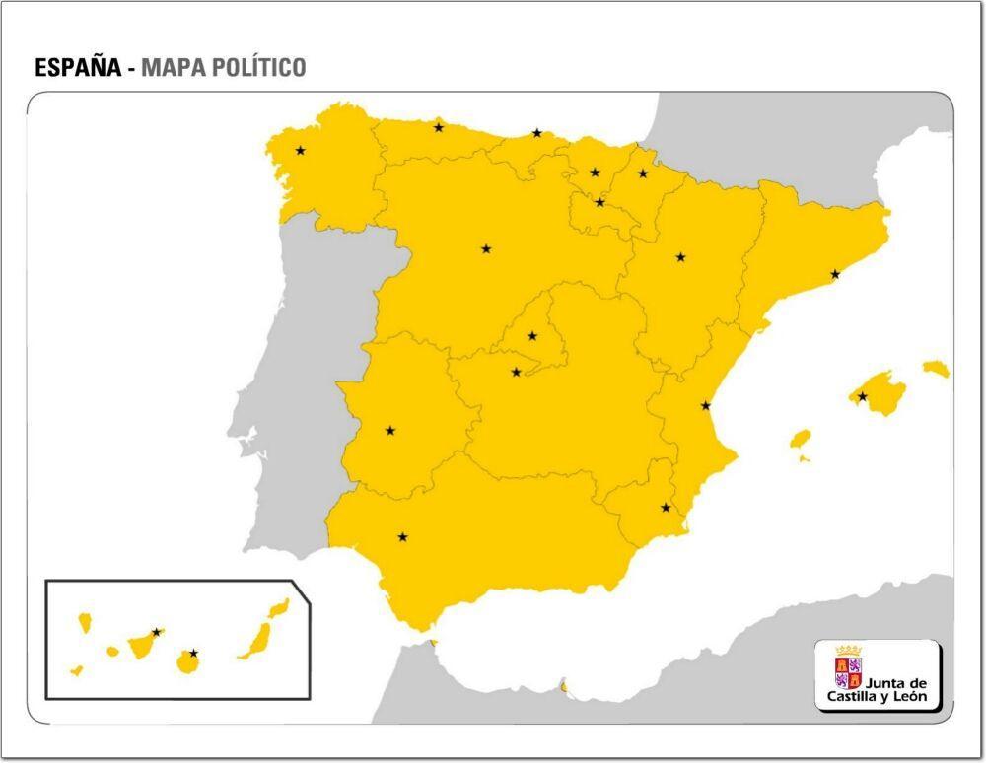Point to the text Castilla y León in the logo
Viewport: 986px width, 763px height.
coord(878,697)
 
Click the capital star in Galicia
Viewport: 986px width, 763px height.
coord(300,151)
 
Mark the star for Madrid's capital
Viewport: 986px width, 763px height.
coord(532,336)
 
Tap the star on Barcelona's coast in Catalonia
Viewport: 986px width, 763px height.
coord(835,274)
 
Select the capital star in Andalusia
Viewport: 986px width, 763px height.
coord(402,537)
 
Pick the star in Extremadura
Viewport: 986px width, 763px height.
coord(390,431)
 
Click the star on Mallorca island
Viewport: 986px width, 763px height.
coord(863,397)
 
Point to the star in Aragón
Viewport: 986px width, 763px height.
coord(680,257)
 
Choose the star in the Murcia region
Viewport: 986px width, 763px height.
coord(666,508)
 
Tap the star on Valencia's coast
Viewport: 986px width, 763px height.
coord(706,406)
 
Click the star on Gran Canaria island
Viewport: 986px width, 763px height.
coord(193,653)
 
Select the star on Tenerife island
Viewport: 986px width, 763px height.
coord(156,632)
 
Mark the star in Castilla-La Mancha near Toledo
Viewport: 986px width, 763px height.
coord(516,372)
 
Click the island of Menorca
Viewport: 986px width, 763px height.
coord(936,368)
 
